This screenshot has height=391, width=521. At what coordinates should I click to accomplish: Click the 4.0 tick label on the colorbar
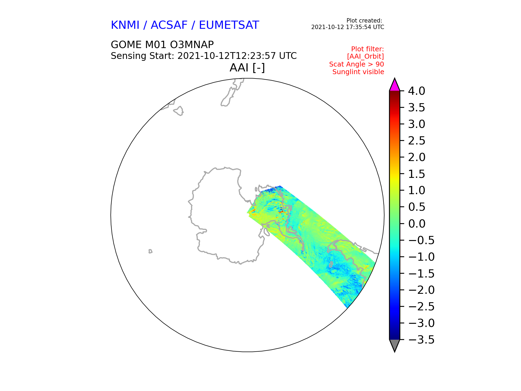[x=417, y=91]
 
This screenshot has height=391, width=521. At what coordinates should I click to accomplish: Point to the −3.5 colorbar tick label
[x=421, y=340]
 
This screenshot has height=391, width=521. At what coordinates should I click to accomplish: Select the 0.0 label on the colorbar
[x=417, y=224]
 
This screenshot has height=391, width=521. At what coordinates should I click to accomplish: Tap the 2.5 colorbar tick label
[x=417, y=141]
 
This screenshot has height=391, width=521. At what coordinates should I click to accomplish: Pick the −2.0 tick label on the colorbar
[x=421, y=290]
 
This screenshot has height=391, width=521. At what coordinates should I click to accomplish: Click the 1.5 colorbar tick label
[x=417, y=174]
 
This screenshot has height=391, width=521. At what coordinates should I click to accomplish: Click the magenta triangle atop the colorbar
[x=395, y=85]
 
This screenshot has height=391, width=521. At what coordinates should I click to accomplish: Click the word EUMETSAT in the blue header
[x=229, y=25]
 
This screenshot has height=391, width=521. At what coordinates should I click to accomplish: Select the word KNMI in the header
[x=125, y=25]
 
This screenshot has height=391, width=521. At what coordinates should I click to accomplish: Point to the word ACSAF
[x=169, y=25]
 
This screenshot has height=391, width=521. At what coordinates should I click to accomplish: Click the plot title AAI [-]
[x=247, y=68]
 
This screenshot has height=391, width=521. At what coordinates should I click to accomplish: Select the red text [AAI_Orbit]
[x=366, y=56]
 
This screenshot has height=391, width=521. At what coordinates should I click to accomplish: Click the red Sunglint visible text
[x=358, y=72]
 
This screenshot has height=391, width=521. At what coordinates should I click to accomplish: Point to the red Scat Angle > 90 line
[x=357, y=64]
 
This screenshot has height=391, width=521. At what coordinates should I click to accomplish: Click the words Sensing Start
[x=142, y=56]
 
